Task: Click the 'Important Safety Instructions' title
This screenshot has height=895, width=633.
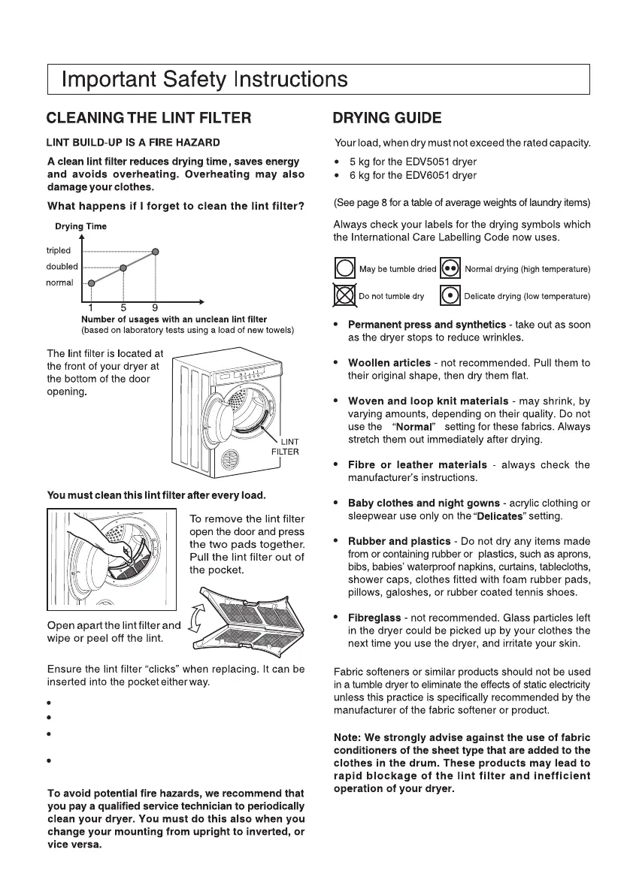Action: pos(204,79)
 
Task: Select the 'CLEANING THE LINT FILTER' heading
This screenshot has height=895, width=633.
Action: pos(148,118)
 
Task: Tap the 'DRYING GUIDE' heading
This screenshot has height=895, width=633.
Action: pos(387,118)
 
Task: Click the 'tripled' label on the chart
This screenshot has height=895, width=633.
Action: pos(59,250)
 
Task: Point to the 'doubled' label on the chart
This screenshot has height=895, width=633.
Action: pos(62,266)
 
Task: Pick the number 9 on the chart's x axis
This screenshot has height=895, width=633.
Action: pos(155,307)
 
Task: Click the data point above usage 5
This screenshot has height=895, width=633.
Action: pos(123,267)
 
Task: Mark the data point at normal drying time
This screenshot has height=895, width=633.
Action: pos(92,283)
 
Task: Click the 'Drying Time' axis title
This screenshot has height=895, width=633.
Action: pos(80,226)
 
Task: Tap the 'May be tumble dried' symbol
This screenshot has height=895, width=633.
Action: pos(344,268)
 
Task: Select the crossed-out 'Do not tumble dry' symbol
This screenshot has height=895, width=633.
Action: pos(344,295)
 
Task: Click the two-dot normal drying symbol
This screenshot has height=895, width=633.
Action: pos(450,268)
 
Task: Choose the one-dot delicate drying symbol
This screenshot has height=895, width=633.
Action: pos(450,295)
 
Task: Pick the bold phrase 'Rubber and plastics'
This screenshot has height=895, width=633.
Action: pos(398,541)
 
